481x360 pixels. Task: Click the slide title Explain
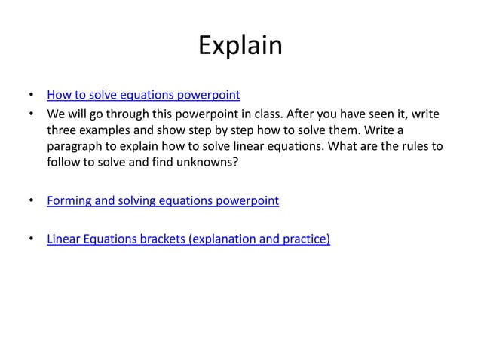point(240,47)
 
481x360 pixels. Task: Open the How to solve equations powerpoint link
point(143,96)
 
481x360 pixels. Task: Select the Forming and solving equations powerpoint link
point(162,200)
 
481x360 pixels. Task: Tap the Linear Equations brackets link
point(188,239)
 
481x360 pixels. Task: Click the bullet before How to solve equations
point(30,96)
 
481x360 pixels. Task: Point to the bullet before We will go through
point(30,114)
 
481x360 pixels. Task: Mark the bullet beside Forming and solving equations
point(30,200)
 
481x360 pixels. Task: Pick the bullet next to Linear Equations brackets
point(30,239)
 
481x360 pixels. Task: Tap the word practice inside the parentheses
point(305,239)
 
